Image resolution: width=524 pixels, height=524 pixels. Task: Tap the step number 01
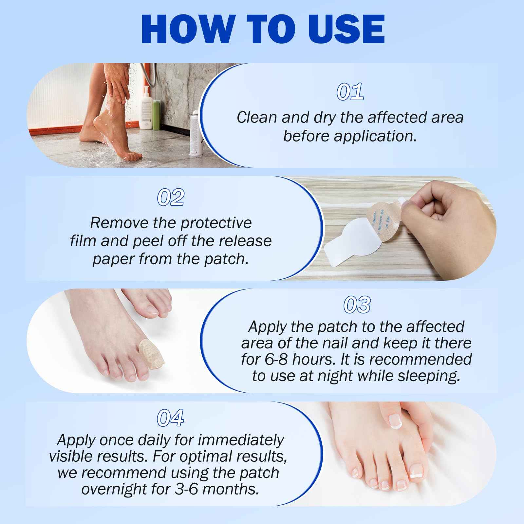tap(350, 92)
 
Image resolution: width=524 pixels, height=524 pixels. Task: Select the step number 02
tap(170, 197)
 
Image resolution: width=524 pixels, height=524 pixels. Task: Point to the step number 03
tap(357, 305)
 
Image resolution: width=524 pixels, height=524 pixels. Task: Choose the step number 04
tap(170, 418)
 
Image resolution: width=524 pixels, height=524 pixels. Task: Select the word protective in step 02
tap(216, 223)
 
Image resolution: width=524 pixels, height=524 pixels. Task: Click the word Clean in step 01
tap(257, 118)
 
